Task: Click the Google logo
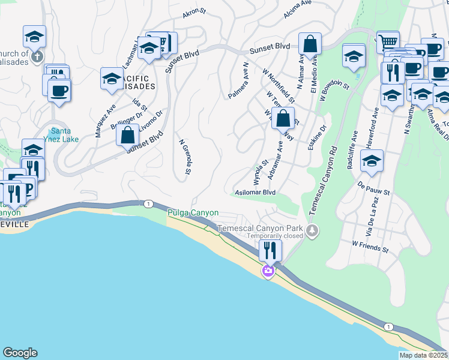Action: (x=20, y=353)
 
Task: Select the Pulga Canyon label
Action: (x=193, y=213)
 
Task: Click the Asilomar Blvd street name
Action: (x=255, y=193)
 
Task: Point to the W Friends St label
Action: (x=370, y=245)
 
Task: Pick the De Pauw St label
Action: (x=374, y=188)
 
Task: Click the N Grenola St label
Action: (x=184, y=157)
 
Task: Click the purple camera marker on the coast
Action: (x=268, y=272)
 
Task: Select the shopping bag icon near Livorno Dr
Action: (x=128, y=134)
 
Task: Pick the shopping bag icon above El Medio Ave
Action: (x=310, y=43)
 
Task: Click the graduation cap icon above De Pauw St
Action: (x=372, y=160)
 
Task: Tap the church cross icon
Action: (x=37, y=56)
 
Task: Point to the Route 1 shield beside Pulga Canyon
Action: (x=148, y=204)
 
